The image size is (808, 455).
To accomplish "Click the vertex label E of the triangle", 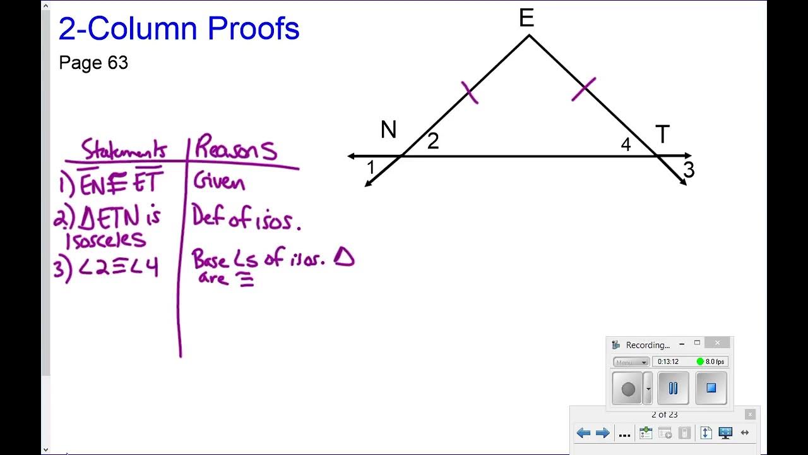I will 526,18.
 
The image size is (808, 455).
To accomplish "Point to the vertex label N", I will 389,130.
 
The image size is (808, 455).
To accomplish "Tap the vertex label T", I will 662,135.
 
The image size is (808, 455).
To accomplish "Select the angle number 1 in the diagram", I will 371,167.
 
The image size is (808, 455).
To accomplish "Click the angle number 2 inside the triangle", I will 432,142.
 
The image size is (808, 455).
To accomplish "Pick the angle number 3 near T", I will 689,170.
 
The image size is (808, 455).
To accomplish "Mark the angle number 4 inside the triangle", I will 626,145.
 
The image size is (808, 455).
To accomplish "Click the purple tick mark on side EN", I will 470,92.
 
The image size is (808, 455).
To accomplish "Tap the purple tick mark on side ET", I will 583,89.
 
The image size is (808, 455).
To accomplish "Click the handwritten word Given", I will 219,183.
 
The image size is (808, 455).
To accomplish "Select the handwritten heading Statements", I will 124,150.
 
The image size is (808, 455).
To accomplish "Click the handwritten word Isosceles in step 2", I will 105,240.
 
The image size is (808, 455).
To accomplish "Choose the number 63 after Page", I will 117,63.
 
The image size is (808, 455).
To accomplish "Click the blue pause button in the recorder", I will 673,388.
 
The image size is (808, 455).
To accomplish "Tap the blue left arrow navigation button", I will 583,433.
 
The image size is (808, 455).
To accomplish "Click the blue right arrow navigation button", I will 603,433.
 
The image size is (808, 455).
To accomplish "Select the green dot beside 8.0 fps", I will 700,361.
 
